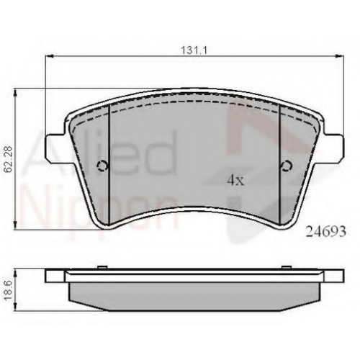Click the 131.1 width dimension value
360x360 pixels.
tap(194, 50)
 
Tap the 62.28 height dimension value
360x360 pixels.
tap(9, 160)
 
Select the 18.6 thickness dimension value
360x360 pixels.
tap(9, 290)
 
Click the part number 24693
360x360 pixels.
tap(325, 232)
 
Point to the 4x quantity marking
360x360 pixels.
tap(235, 181)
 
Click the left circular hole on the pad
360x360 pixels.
tap(102, 166)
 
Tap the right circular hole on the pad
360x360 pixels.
tap(287, 166)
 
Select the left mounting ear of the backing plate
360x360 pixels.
tap(55, 146)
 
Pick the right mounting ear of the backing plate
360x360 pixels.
tap(333, 146)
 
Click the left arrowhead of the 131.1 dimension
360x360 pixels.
tap(49, 56)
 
